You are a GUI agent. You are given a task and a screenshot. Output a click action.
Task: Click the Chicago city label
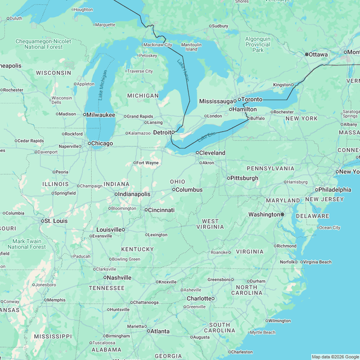(x=102, y=143)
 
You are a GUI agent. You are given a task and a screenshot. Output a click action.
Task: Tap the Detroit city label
(x=164, y=132)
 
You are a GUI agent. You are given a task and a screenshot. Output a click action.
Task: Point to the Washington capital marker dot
(x=282, y=214)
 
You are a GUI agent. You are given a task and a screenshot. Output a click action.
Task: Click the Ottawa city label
(x=318, y=55)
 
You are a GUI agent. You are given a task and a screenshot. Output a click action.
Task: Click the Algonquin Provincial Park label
(x=258, y=44)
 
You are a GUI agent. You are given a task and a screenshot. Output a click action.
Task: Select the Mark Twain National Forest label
(x=27, y=244)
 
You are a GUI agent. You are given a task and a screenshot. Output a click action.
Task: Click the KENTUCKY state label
(x=137, y=249)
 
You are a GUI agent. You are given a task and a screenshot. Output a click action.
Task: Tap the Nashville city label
(x=119, y=277)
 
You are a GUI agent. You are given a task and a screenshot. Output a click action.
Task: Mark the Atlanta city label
(x=160, y=331)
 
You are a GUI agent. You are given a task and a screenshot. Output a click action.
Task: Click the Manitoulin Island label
(x=191, y=47)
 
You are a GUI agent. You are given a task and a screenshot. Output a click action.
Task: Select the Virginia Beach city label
(x=318, y=262)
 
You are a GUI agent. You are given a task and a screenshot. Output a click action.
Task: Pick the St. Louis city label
(x=56, y=221)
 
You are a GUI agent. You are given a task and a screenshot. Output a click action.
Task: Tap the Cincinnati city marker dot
(x=146, y=210)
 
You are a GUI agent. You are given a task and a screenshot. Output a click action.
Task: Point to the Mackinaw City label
(x=157, y=44)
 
